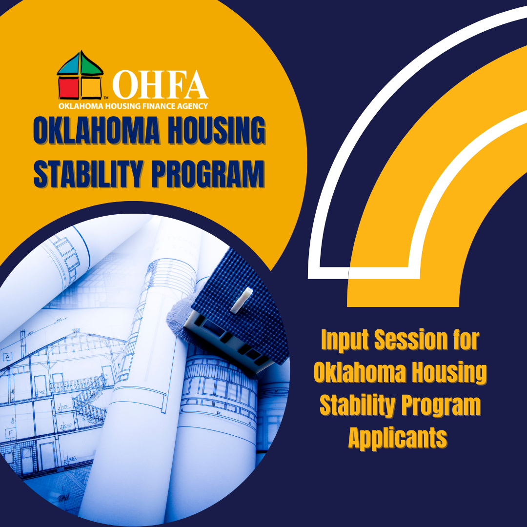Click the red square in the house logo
(x=69, y=87)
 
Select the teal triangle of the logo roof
(x=69, y=65)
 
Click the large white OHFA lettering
(x=160, y=85)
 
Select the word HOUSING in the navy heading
(x=216, y=130)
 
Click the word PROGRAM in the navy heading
(x=207, y=174)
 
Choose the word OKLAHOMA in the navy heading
(x=97, y=130)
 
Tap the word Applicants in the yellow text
(x=398, y=438)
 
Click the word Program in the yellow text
(x=441, y=405)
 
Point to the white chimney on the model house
(x=242, y=300)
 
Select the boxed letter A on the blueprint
(x=7, y=357)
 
